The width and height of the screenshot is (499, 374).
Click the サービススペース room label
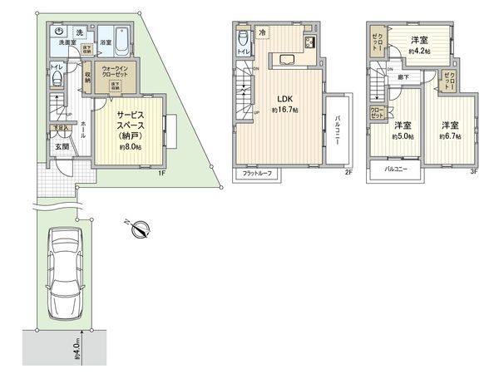click(x=130, y=125)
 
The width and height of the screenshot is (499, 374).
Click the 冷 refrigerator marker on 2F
click(x=260, y=34)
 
